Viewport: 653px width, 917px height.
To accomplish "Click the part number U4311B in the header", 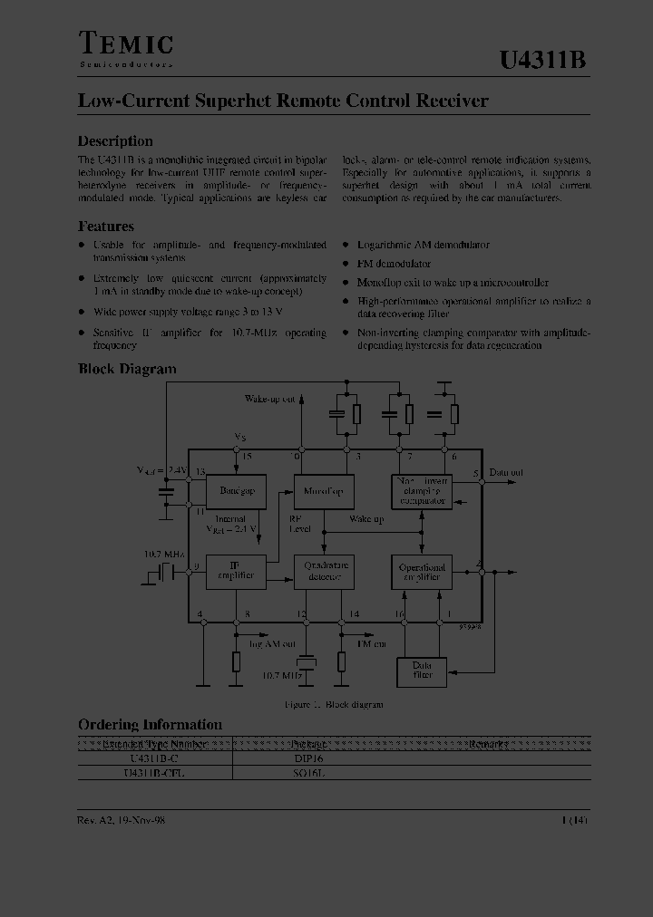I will [543, 60].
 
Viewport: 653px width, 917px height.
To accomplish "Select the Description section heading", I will [115, 141].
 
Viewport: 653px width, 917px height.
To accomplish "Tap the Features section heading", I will [106, 227].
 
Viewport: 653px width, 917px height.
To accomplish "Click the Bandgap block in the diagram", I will [237, 491].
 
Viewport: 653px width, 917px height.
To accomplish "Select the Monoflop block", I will [322, 491].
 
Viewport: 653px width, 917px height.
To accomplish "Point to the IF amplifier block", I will [237, 571].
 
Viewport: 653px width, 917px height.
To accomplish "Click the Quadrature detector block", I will [322, 571].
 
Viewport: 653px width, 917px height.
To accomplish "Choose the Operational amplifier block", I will [422, 572].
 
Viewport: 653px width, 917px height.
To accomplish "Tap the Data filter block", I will [423, 671].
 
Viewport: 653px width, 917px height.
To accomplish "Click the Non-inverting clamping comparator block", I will [422, 491].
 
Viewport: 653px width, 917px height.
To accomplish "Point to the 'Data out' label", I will [506, 473].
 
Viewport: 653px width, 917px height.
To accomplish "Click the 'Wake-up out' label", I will [270, 399].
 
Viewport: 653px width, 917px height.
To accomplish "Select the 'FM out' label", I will [371, 642].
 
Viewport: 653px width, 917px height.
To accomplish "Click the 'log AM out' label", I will [273, 643].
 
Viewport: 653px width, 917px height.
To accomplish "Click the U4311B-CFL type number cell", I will [154, 773].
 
